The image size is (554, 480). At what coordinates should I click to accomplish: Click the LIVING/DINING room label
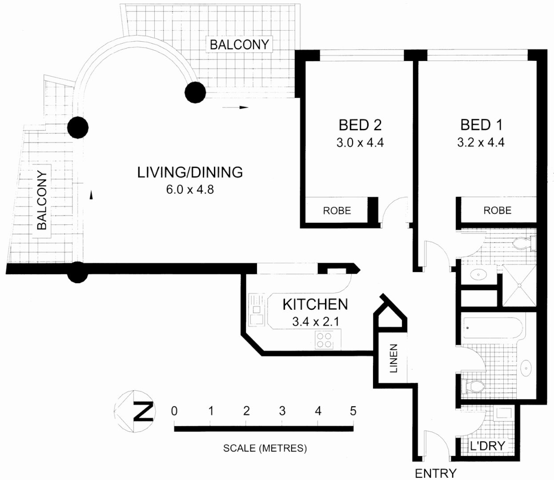click(x=190, y=172)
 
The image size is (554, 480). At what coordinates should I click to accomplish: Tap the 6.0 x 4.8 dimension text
click(x=190, y=189)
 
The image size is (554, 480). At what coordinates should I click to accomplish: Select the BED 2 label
click(x=360, y=125)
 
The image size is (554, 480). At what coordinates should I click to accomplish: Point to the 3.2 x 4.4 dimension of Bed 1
click(x=481, y=143)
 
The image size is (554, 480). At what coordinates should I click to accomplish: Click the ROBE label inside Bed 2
click(x=337, y=211)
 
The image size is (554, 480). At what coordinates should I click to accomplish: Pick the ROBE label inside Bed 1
click(x=497, y=210)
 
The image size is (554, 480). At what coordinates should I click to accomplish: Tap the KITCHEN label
click(x=315, y=304)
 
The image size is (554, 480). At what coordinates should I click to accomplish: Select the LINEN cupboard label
click(x=393, y=359)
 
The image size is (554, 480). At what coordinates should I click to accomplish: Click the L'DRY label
click(x=487, y=446)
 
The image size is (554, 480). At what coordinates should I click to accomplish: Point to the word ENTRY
click(x=435, y=474)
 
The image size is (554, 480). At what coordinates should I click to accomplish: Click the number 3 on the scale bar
click(x=282, y=411)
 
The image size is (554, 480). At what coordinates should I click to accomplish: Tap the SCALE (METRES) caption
click(x=265, y=448)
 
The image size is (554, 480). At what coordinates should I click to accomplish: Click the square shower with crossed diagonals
click(x=519, y=286)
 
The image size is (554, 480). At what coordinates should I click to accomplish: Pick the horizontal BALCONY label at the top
click(x=239, y=44)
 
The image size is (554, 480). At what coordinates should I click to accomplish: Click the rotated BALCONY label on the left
click(x=42, y=200)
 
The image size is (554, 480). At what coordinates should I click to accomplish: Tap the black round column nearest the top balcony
click(x=195, y=93)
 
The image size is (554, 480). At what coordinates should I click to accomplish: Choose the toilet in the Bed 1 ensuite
click(x=523, y=243)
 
